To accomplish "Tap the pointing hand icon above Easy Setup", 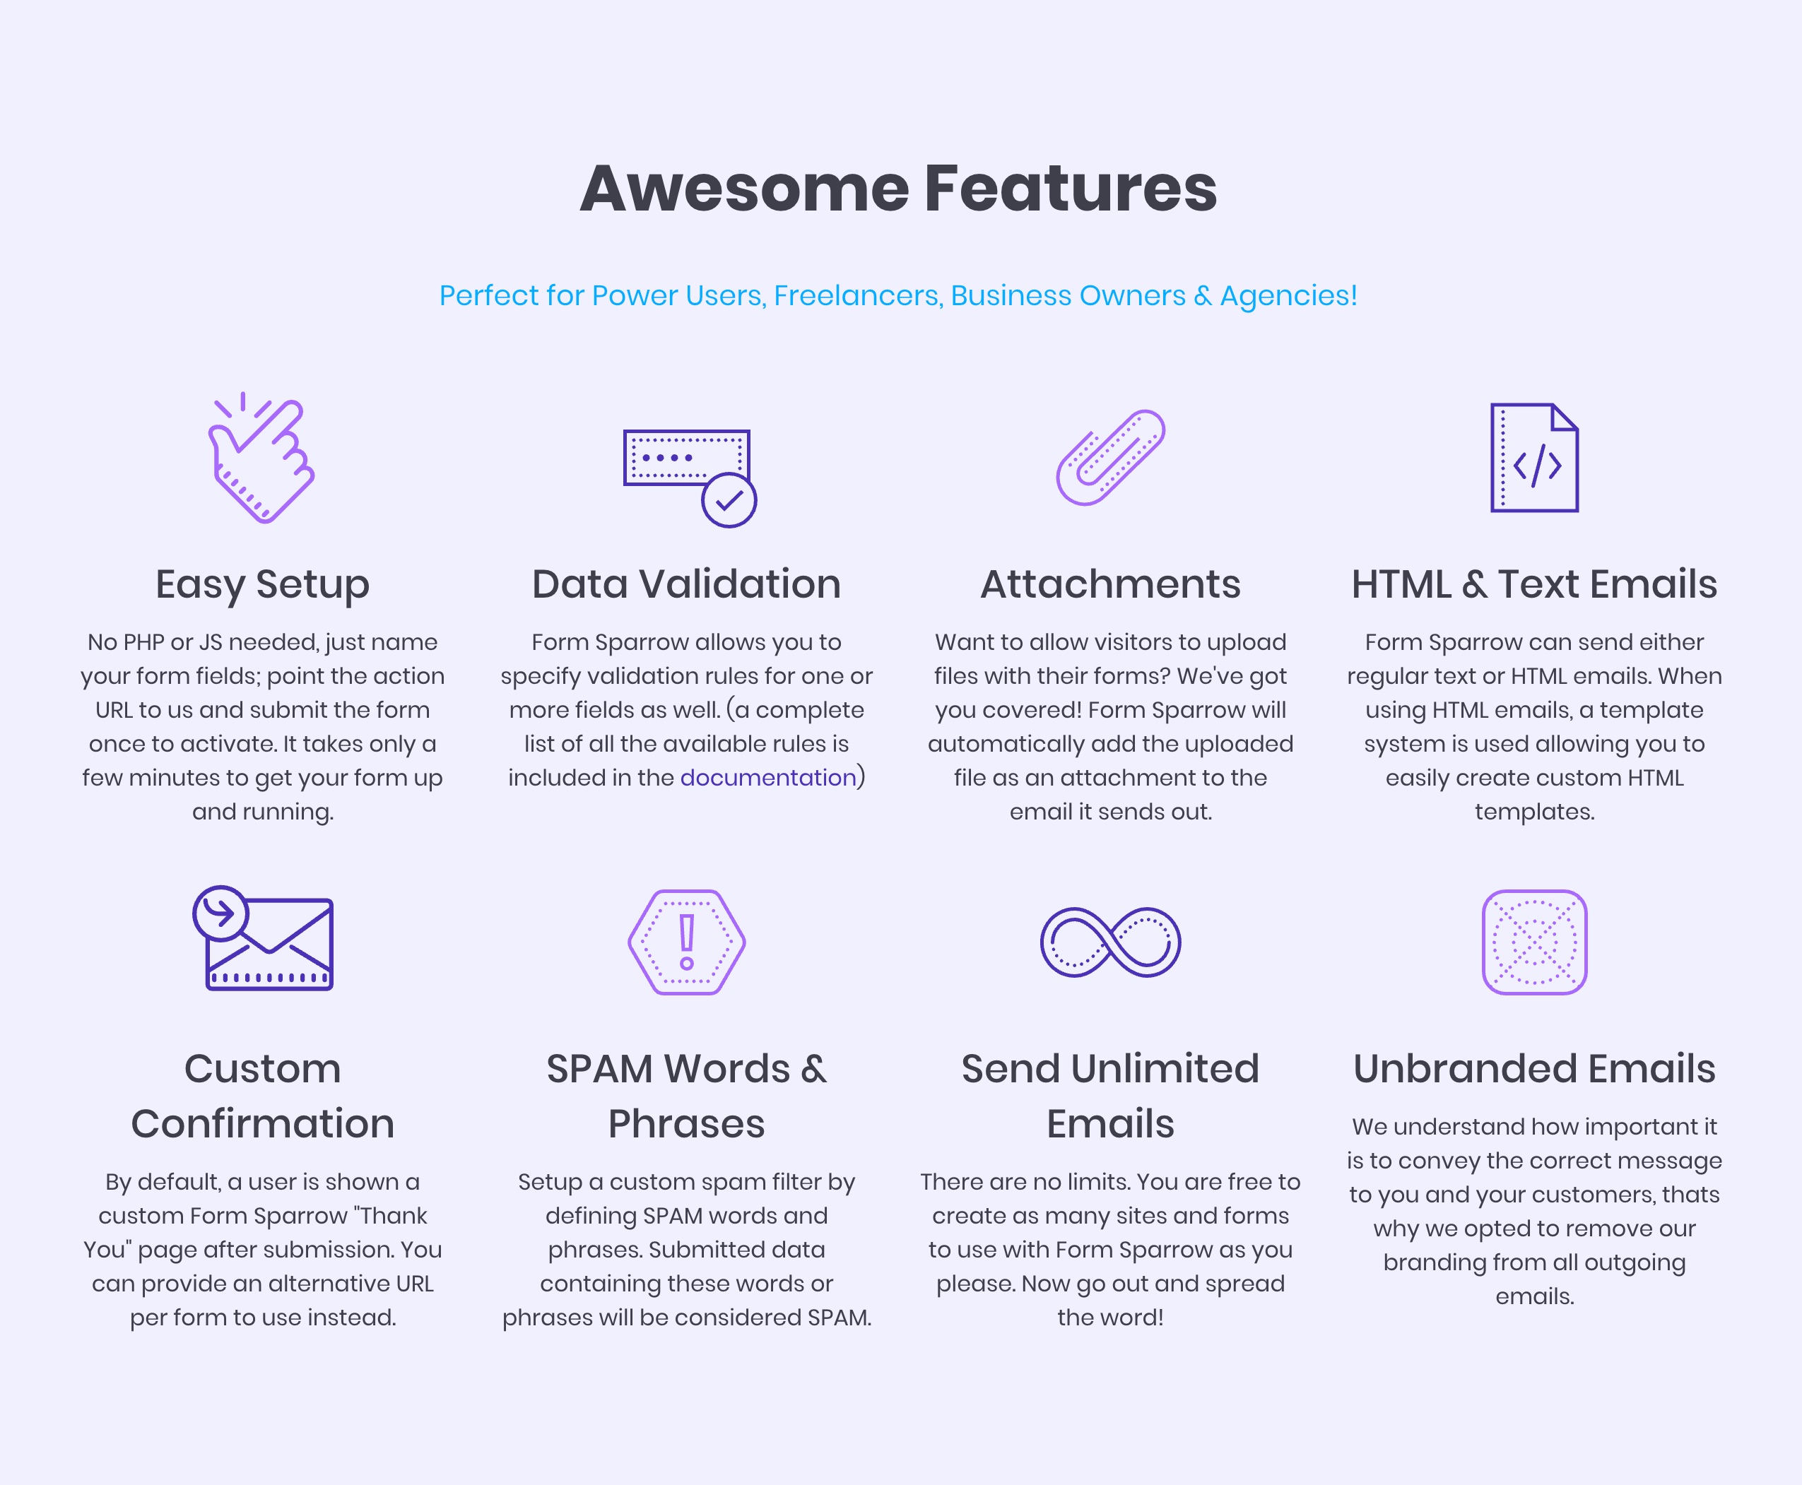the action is click(261, 458).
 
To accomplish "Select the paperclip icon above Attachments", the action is click(1111, 458).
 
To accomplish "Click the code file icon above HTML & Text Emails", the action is click(1534, 458).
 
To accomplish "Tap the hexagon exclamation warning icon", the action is click(686, 942).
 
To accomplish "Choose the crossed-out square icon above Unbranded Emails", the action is click(1534, 942).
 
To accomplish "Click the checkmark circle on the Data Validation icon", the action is click(729, 500).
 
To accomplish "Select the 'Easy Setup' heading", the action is click(263, 585).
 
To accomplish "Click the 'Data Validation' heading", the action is click(686, 584).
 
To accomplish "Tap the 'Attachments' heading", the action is click(1111, 584).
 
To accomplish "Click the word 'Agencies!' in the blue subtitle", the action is click(1289, 296).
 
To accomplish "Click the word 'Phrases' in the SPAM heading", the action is click(686, 1124).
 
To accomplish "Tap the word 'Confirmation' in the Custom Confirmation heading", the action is click(263, 1124).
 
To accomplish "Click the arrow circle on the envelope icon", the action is click(220, 913).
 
